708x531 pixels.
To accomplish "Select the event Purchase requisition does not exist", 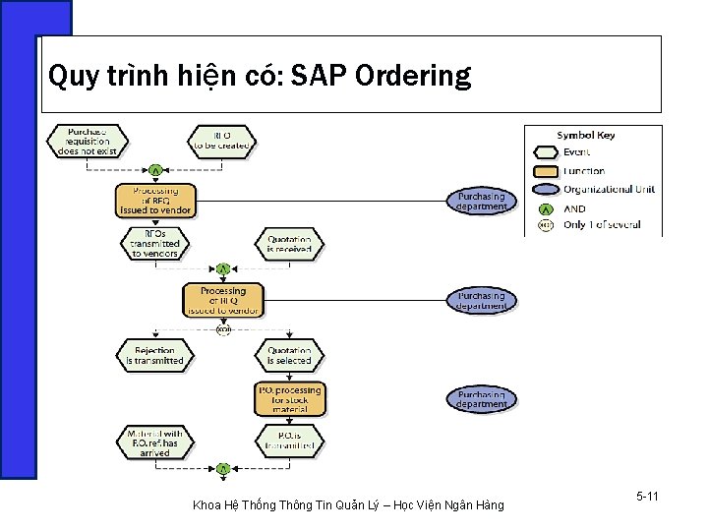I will [88, 141].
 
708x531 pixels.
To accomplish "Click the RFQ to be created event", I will [221, 140].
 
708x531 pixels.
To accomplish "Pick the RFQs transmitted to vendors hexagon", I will [154, 243].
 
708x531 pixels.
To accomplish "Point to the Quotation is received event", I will [289, 243].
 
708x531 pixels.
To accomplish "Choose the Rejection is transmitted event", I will [154, 355].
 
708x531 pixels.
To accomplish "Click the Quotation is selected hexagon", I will [289, 355].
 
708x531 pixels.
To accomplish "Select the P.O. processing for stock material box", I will [288, 398].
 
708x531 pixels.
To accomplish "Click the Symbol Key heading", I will [585, 136].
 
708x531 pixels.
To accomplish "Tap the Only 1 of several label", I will [602, 225].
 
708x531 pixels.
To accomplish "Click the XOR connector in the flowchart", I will [223, 328].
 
